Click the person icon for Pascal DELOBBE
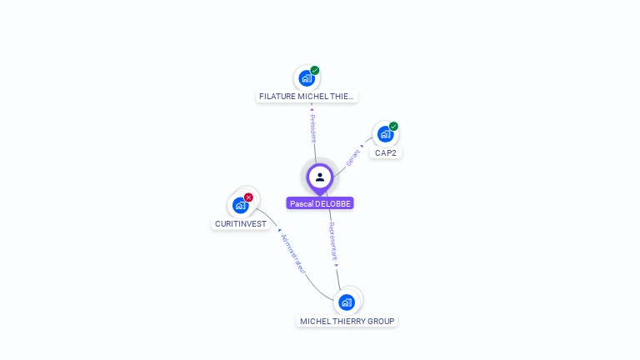tap(320, 177)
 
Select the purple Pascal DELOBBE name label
tap(320, 203)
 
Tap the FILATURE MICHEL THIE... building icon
tap(307, 78)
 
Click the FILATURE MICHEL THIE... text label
tap(307, 97)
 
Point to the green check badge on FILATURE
tap(315, 71)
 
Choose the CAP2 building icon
tap(385, 134)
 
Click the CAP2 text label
tap(386, 153)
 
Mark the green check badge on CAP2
tap(393, 127)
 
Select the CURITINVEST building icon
tap(240, 205)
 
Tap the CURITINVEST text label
tap(241, 224)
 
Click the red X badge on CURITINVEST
tap(248, 197)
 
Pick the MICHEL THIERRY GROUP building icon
tap(347, 302)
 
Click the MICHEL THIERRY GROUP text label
tap(347, 321)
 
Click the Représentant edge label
tap(332, 242)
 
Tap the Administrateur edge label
tap(292, 253)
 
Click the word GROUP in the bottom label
tap(380, 321)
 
